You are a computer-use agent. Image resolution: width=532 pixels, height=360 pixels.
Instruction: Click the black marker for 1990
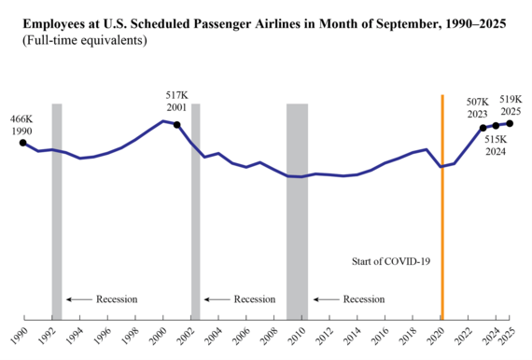[x=22, y=143]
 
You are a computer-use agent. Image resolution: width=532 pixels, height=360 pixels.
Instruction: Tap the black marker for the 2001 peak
[x=176, y=124]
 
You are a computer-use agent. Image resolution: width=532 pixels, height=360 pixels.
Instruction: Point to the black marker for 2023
[x=483, y=128]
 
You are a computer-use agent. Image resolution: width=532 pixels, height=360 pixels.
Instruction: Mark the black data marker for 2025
[x=510, y=123]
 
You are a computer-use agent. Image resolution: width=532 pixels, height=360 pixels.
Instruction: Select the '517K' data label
[x=175, y=96]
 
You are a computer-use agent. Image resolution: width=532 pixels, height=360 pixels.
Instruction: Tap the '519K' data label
[x=511, y=98]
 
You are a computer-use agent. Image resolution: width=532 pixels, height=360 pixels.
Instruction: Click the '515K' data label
[x=495, y=139]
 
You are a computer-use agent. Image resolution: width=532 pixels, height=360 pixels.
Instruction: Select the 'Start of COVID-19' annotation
[x=393, y=261]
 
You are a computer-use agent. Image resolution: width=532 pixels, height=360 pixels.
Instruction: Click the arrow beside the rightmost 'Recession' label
[x=326, y=299]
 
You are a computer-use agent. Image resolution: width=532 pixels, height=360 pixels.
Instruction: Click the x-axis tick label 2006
[x=243, y=335]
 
